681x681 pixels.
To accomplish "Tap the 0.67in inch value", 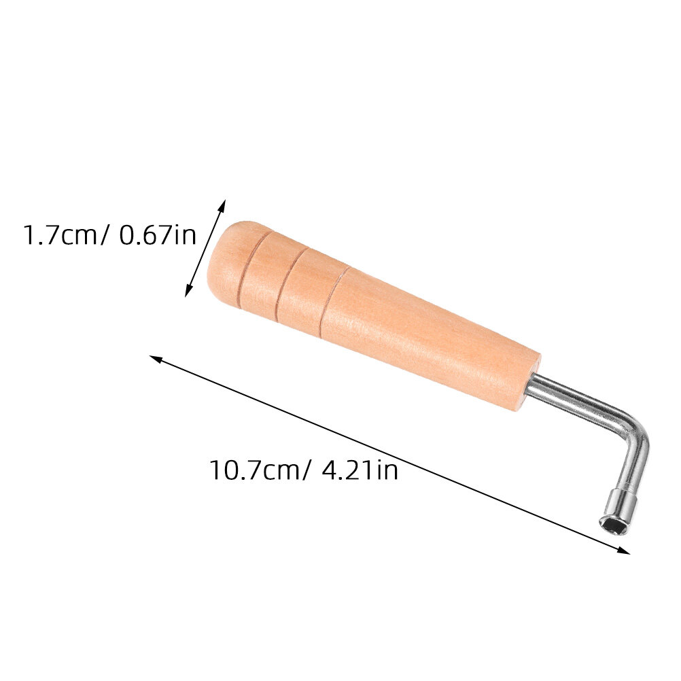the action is tap(157, 235).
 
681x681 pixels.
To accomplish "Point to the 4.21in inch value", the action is tap(360, 470).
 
